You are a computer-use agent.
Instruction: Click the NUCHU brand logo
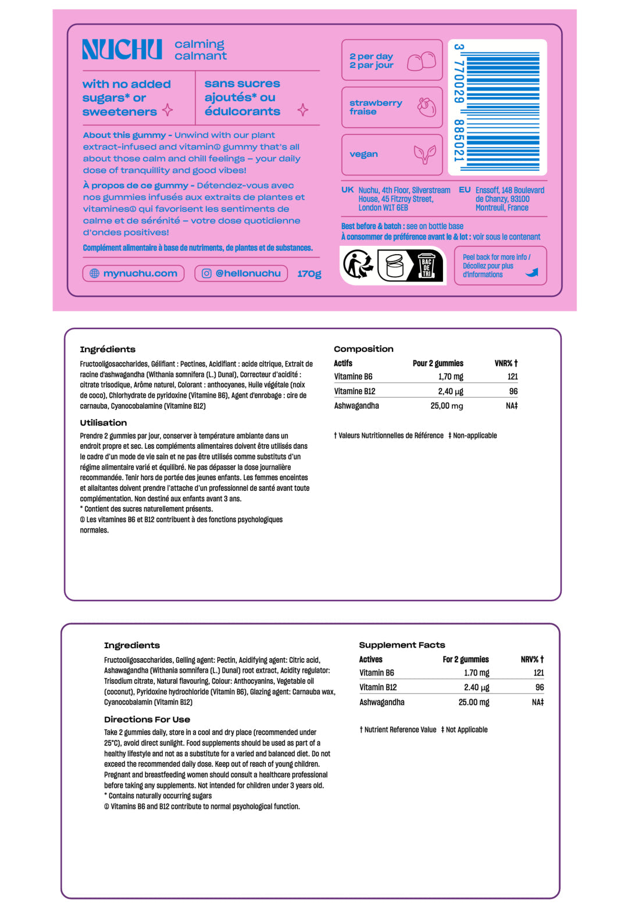(122, 50)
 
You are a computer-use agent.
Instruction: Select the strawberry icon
(427, 107)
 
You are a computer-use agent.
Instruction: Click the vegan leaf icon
(424, 154)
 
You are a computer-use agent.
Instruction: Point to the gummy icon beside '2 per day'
(422, 60)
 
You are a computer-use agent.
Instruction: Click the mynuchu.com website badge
(134, 273)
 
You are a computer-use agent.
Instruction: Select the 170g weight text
(309, 274)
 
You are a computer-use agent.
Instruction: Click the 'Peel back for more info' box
(500, 266)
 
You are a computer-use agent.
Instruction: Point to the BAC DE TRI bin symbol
(426, 266)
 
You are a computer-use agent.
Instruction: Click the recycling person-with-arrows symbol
(358, 265)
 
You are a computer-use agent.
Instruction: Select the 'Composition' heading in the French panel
(363, 349)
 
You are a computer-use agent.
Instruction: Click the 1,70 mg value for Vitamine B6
(451, 377)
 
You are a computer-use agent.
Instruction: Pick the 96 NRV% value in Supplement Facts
(540, 687)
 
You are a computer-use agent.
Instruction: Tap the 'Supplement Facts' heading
(402, 645)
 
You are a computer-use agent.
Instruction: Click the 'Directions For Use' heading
(147, 719)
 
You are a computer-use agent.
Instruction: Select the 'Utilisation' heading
(104, 423)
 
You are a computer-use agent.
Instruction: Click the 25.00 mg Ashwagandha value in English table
(473, 702)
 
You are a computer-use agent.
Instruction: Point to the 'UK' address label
(348, 190)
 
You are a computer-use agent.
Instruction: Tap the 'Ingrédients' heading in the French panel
(108, 349)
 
